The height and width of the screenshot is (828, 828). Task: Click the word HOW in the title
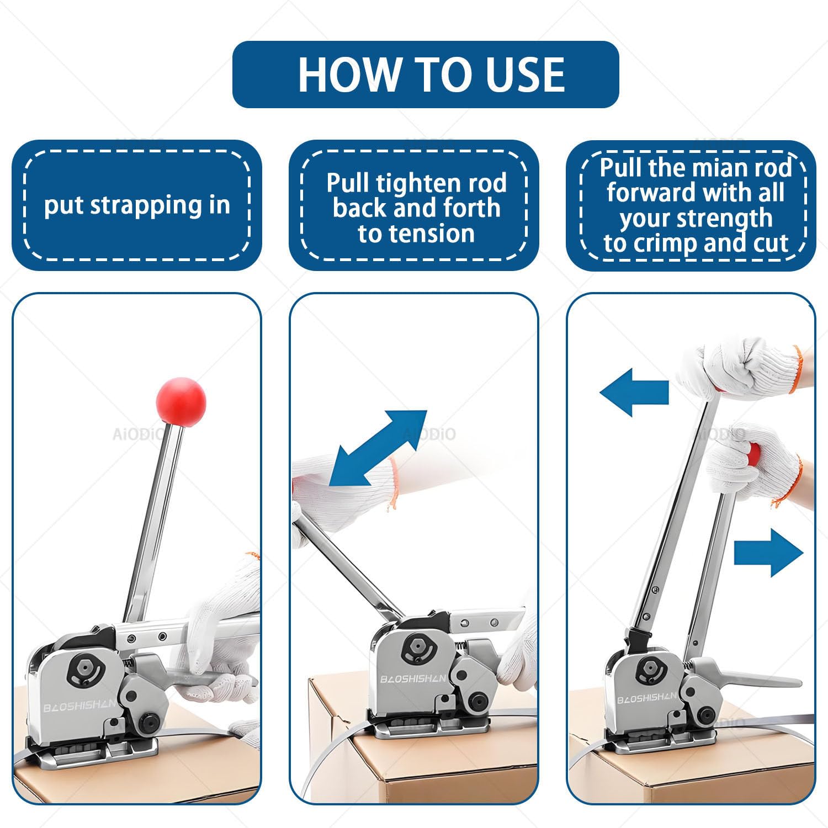pyautogui.click(x=350, y=75)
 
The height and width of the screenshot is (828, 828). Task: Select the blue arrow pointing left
pyautogui.click(x=634, y=392)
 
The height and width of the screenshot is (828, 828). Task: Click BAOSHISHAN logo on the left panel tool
pyautogui.click(x=79, y=706)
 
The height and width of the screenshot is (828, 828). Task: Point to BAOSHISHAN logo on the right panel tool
pyautogui.click(x=646, y=698)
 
